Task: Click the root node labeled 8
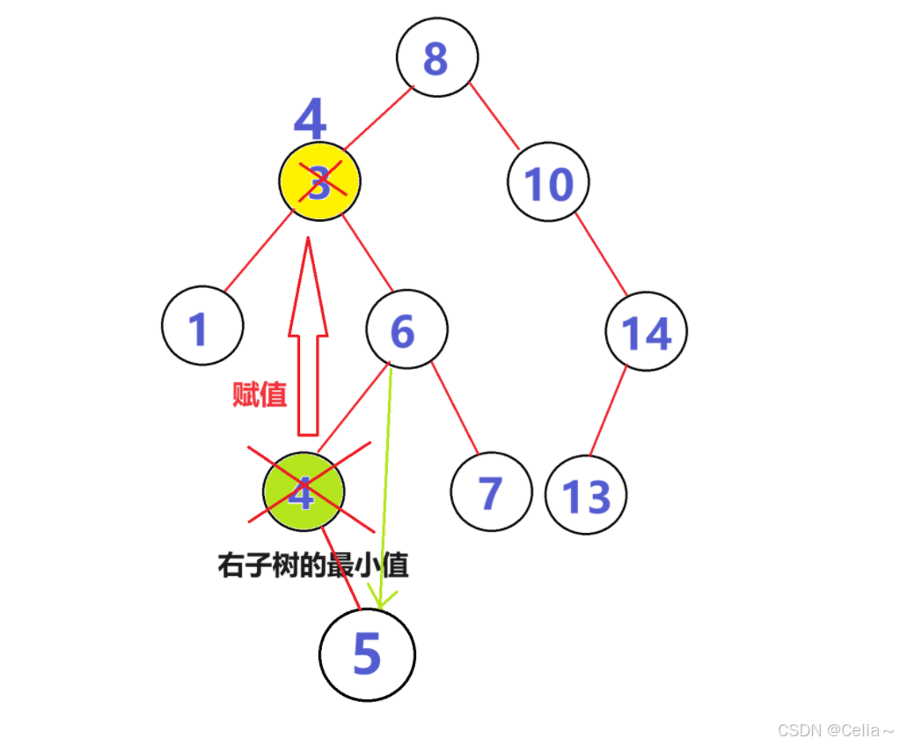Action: (436, 57)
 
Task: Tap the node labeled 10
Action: (548, 182)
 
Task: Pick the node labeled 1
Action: (201, 326)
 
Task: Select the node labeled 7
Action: (491, 491)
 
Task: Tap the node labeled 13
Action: (586, 495)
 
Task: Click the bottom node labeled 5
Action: (367, 654)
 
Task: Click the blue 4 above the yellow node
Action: (310, 119)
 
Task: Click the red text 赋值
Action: (260, 394)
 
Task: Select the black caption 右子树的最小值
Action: (313, 565)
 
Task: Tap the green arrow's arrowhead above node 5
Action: (379, 599)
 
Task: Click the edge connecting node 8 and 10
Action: (494, 114)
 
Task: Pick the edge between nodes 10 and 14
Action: (601, 255)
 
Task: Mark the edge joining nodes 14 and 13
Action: (607, 411)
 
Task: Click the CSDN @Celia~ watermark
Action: (835, 730)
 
